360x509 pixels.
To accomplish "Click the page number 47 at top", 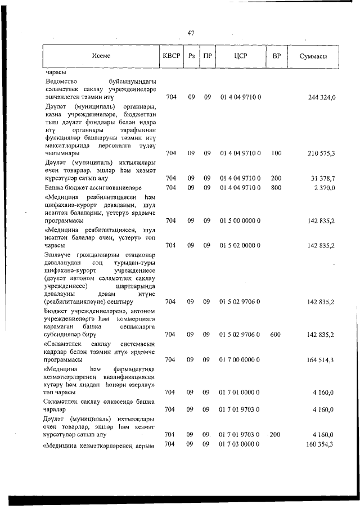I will pos(191,33).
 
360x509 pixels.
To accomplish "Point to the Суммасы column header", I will pos(314,57).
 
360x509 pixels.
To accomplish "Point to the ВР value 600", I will pos(276,334).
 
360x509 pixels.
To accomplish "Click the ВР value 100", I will pos(276,153).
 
